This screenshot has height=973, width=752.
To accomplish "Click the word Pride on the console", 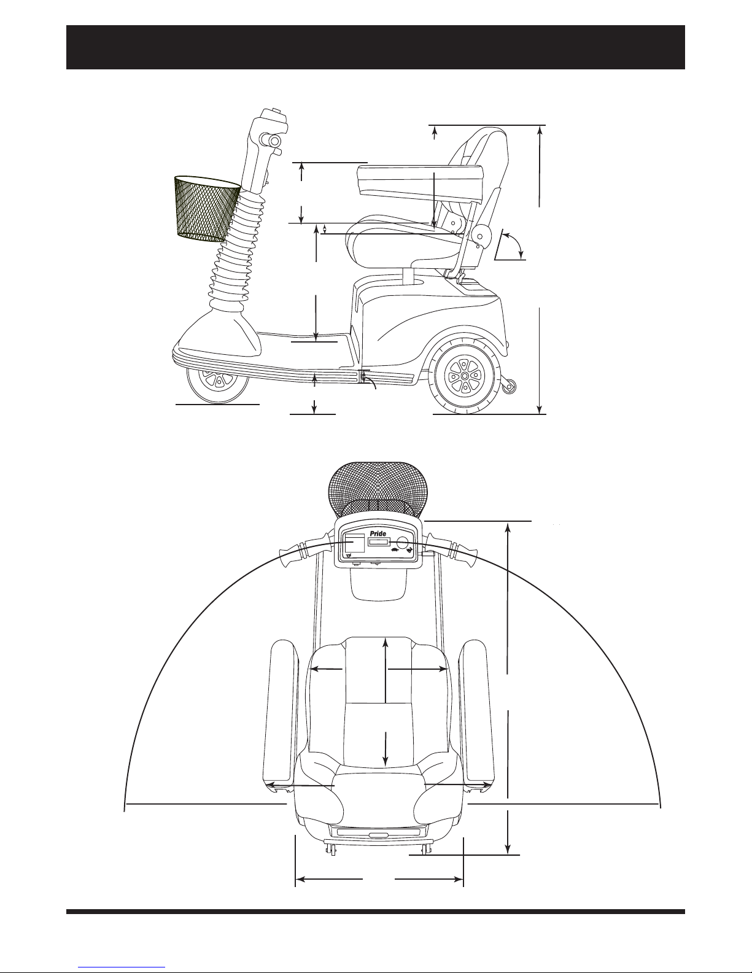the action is (378, 533).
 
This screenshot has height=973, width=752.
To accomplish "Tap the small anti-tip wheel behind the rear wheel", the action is (510, 386).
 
